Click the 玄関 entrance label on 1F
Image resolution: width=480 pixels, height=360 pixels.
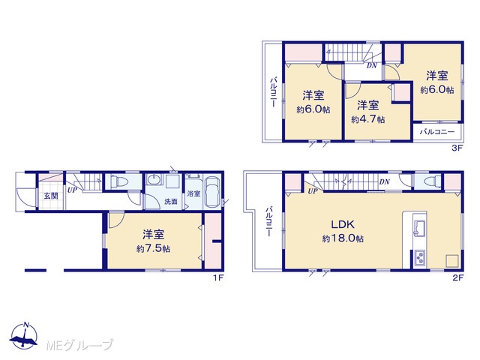click(x=51, y=196)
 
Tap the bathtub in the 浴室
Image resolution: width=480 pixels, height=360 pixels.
click(x=211, y=192)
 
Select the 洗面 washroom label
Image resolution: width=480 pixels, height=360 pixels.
click(x=171, y=202)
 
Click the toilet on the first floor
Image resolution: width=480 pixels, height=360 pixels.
click(x=118, y=182)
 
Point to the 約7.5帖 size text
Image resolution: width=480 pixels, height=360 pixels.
click(x=153, y=248)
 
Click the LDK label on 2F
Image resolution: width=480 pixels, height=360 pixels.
click(x=343, y=224)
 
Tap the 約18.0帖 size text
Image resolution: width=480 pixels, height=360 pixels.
click(x=343, y=238)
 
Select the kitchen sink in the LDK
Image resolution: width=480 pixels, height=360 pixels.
click(x=418, y=228)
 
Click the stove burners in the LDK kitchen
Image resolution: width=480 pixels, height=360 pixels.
click(x=419, y=257)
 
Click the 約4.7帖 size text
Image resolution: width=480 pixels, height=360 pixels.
click(x=368, y=119)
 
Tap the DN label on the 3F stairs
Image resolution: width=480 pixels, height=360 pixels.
click(x=372, y=65)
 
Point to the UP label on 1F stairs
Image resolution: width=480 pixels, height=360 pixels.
click(x=72, y=190)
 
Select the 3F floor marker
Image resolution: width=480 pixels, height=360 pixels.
click(x=458, y=148)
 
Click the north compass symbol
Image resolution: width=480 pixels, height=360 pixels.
click(x=25, y=336)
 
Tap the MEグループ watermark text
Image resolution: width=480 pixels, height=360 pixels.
click(x=79, y=345)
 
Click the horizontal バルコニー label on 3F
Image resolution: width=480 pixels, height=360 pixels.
click(x=437, y=132)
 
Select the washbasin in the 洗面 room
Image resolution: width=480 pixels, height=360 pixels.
click(x=153, y=180)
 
